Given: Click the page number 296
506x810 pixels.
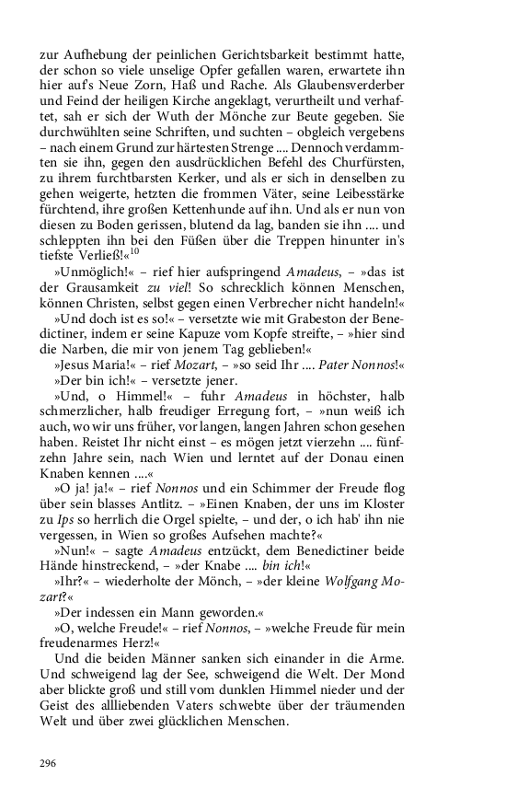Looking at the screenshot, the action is [49, 762].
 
